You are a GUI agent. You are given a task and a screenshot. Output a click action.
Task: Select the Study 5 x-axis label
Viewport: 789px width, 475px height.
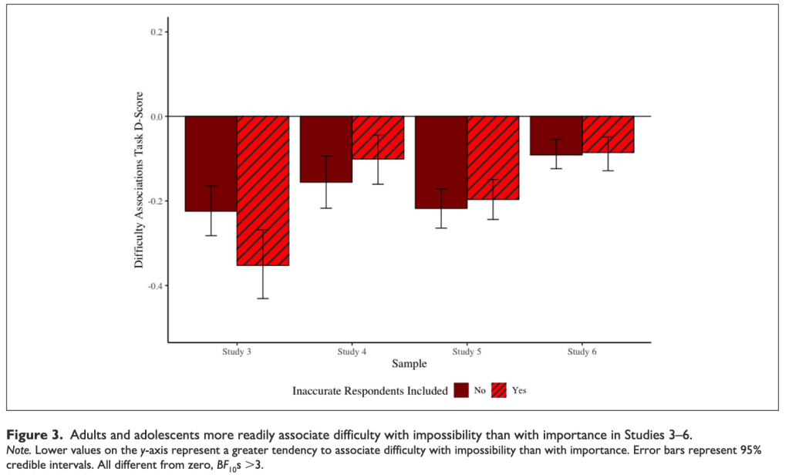point(467,352)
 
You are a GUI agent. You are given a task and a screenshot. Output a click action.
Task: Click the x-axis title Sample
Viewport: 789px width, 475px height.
point(409,363)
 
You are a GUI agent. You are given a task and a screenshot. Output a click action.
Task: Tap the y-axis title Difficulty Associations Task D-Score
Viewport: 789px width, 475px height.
point(139,188)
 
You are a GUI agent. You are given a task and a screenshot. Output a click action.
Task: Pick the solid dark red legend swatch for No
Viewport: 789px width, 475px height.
point(462,390)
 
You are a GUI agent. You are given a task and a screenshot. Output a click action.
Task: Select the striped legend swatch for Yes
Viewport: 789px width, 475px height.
point(500,390)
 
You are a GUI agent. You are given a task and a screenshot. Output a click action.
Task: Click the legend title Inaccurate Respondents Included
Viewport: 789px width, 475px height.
point(369,391)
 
